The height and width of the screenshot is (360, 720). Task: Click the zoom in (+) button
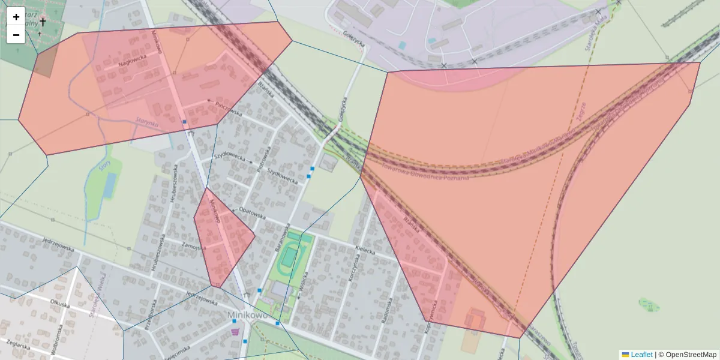click(x=16, y=16)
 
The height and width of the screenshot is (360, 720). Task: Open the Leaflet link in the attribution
click(x=641, y=355)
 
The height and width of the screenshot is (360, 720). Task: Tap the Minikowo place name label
click(x=247, y=314)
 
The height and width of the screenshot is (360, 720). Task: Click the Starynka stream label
click(x=146, y=122)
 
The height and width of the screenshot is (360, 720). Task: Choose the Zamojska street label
click(x=196, y=247)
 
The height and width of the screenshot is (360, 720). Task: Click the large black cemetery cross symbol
click(x=43, y=22)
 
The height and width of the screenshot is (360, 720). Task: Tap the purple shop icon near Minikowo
click(x=235, y=331)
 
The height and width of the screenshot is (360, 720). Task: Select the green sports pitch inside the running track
click(x=289, y=257)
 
